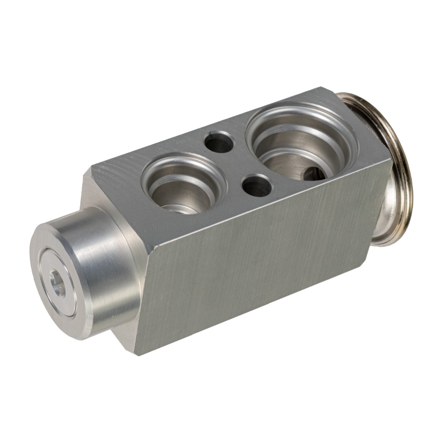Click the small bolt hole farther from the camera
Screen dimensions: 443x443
tap(219, 142)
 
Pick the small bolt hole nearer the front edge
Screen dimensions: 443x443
tap(256, 185)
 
